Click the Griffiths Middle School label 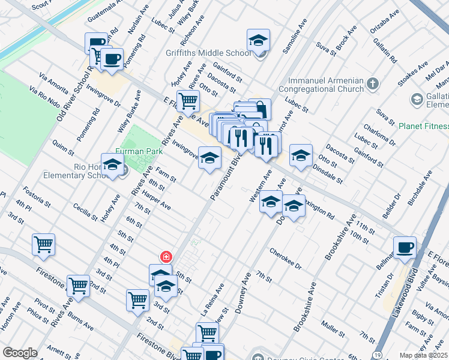(208, 53)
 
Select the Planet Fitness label (423, 126)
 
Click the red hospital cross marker (166, 257)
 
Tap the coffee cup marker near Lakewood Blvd (405, 247)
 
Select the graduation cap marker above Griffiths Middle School (259, 40)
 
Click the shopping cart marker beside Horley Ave (188, 101)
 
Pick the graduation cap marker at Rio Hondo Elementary (112, 166)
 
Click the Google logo (20, 353)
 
